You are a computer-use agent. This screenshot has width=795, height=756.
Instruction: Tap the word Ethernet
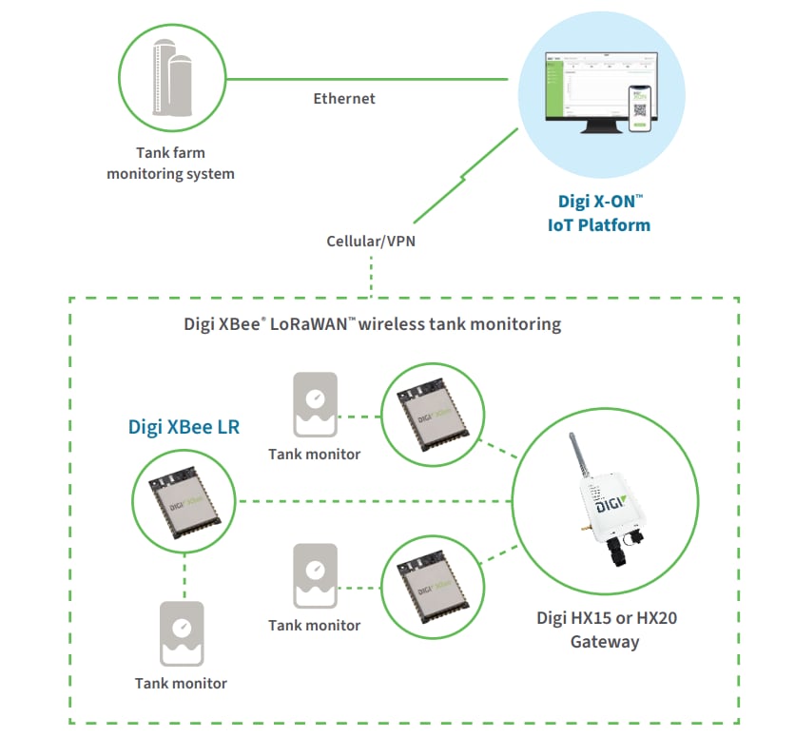point(344,98)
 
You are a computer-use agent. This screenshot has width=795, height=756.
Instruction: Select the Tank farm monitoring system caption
point(170,163)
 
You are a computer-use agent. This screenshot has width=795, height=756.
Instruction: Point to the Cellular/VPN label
point(370,241)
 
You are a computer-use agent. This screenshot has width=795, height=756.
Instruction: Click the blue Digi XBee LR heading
point(184,427)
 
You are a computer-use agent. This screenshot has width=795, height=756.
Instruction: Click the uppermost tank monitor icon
point(314,404)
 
